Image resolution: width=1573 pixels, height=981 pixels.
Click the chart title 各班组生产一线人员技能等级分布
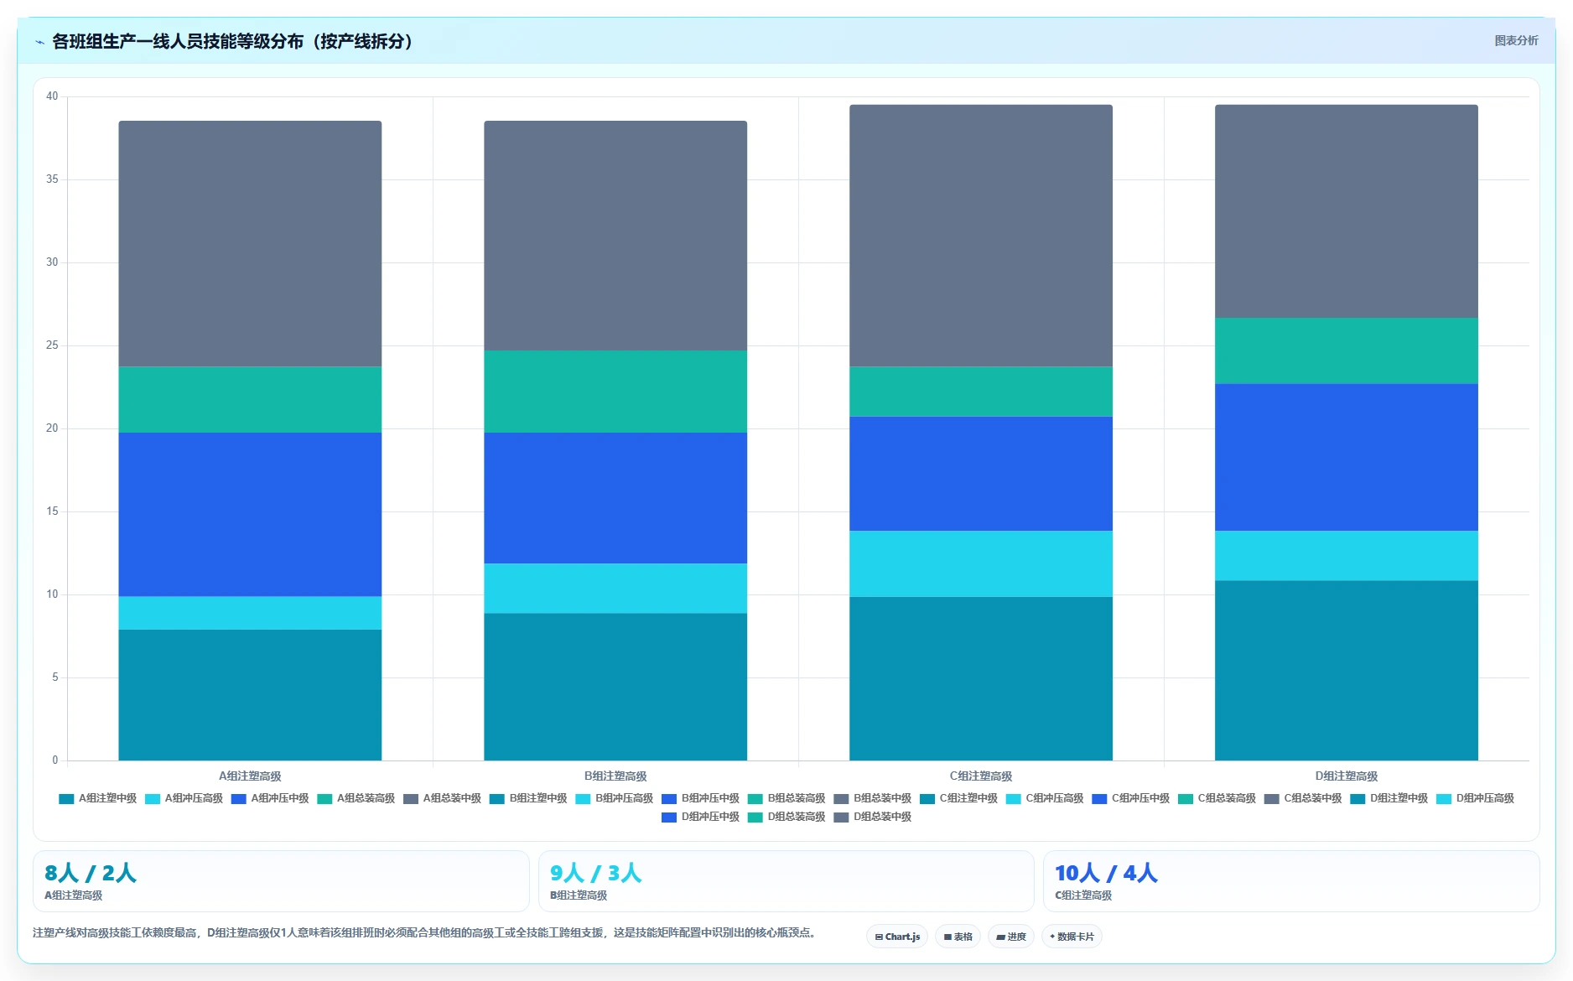[178, 41]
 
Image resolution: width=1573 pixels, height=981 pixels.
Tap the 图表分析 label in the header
[1516, 40]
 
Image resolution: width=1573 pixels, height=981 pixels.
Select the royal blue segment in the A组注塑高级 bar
[250, 514]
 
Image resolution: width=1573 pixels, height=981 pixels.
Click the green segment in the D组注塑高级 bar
[1346, 350]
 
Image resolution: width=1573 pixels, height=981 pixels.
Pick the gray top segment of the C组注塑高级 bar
[981, 236]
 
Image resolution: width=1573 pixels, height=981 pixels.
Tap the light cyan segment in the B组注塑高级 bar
[615, 588]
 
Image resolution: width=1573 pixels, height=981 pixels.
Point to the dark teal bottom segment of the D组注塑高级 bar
[1346, 671]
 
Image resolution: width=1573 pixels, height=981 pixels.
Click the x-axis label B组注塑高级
[615, 776]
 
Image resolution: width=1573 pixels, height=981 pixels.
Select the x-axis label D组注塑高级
[1346, 776]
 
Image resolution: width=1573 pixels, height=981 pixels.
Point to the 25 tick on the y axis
[52, 345]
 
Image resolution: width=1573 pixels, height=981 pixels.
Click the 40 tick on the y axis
[52, 96]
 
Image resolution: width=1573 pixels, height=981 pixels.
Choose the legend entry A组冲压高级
[184, 798]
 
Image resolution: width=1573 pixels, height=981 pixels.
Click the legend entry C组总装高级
[1217, 798]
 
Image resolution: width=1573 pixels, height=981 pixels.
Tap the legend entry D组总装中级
[873, 817]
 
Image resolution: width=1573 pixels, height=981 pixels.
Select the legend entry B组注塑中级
[529, 798]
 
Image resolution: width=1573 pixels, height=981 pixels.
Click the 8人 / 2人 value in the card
[91, 873]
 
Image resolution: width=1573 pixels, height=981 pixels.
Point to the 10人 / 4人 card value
[1106, 873]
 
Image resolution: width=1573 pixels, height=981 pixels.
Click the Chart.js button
[897, 937]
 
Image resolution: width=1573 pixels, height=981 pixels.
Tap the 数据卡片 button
[1072, 937]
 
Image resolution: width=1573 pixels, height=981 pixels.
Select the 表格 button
[958, 937]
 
